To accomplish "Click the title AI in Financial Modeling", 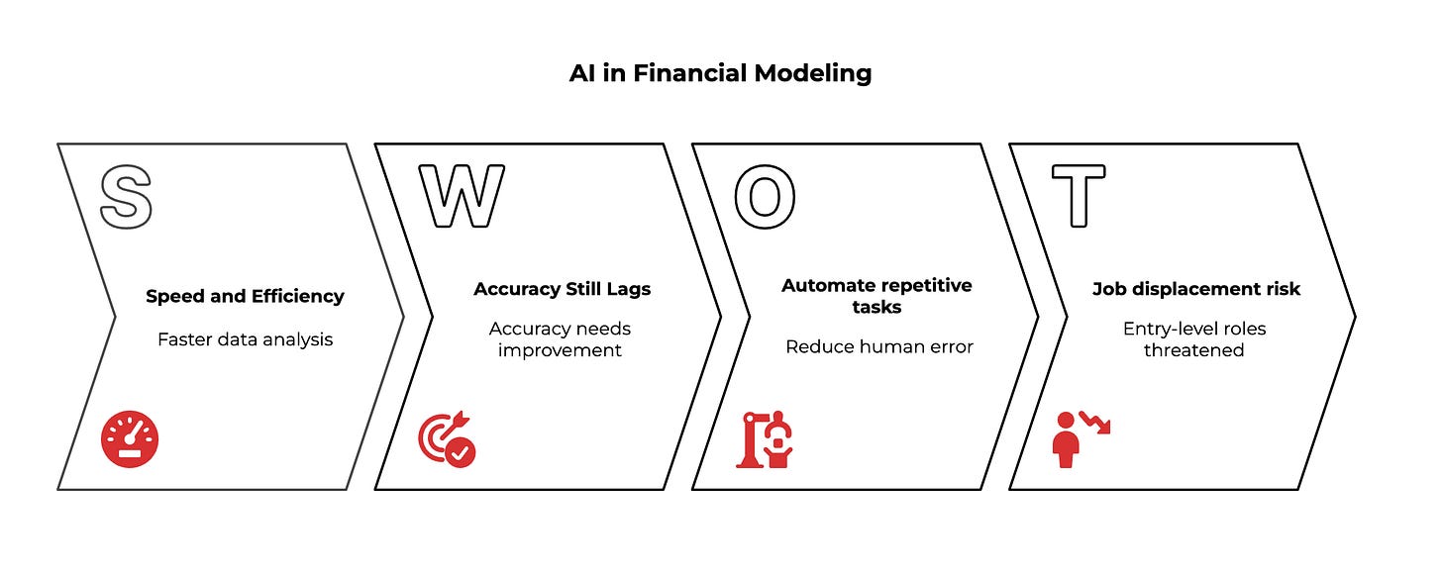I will click(720, 74).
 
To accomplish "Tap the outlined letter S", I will click(127, 196).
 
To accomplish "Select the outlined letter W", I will click(461, 196).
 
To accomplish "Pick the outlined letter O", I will click(764, 196).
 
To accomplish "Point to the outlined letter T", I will click(1078, 196).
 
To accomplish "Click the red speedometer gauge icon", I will click(130, 439).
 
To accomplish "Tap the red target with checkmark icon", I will click(447, 440).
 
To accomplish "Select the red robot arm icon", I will click(764, 438).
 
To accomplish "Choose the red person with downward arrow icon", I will click(1080, 438).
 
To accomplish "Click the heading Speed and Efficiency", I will click(245, 296).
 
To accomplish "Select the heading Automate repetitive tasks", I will click(876, 296).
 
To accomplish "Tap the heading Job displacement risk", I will click(1195, 289).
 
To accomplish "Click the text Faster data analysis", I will click(245, 339).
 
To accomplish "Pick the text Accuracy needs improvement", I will click(560, 338).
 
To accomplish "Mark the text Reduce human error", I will click(878, 346).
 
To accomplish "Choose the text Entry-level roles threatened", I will click(1193, 338).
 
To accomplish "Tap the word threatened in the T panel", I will click(1193, 350).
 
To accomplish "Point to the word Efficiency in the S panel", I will click(298, 296).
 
